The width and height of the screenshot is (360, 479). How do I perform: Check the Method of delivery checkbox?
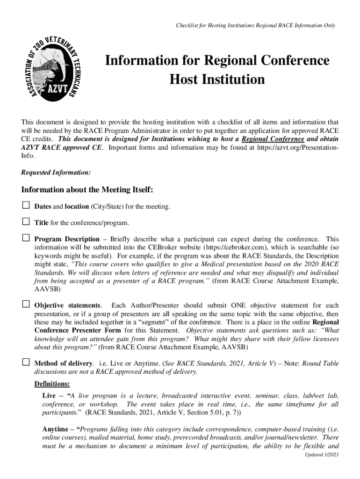click(26, 362)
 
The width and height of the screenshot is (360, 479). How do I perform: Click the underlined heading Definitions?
click(52, 384)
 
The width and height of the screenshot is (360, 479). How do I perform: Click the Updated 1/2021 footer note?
click(321, 455)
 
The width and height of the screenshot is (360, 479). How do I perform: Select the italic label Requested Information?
click(56, 173)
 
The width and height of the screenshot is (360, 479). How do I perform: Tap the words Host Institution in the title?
click(217, 80)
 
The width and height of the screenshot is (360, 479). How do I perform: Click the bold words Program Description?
click(67, 239)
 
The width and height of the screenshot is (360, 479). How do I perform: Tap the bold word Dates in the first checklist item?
click(43, 206)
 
